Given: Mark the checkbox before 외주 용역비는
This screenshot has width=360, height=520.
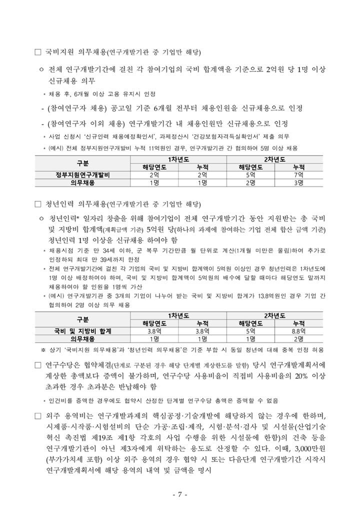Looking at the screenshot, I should [37, 416].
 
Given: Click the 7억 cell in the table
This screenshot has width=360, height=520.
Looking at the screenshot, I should [299, 175].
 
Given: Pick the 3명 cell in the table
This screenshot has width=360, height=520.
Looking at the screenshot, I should [299, 183].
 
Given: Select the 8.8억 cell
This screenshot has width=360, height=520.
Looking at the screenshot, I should [299, 331].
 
